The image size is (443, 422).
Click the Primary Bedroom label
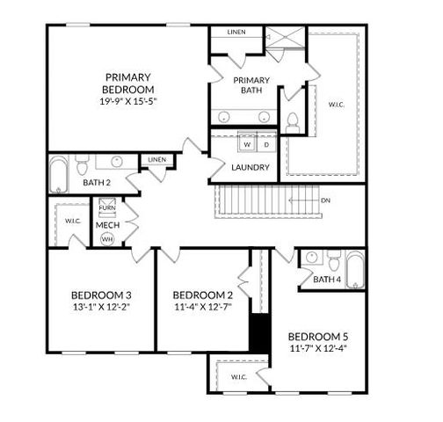(x=129, y=83)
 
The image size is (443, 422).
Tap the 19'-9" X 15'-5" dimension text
(x=129, y=100)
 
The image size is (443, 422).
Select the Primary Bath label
(x=251, y=85)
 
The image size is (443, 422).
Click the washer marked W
(x=247, y=144)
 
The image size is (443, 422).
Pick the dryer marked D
(x=265, y=144)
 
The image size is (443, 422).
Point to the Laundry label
(x=251, y=167)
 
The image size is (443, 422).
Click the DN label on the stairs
(x=325, y=200)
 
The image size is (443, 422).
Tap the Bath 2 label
(x=96, y=183)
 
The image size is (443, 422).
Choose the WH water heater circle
(x=107, y=238)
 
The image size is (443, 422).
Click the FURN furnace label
(x=107, y=207)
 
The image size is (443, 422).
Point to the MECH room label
(x=108, y=224)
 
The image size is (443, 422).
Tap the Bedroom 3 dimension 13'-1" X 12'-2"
(x=103, y=307)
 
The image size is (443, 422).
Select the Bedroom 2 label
(x=202, y=295)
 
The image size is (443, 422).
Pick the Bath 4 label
(x=327, y=280)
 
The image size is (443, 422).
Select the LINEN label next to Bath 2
(x=156, y=160)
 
